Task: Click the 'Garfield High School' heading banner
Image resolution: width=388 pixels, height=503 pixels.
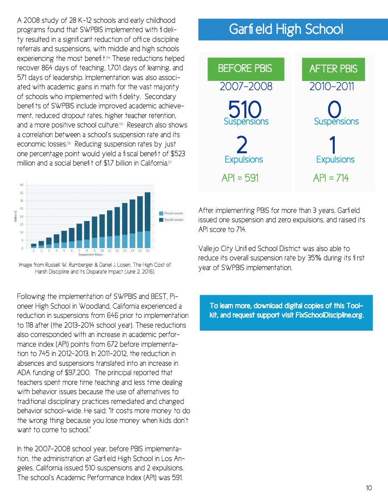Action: pos(286,29)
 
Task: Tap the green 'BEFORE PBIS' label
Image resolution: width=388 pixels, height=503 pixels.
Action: pos(246,69)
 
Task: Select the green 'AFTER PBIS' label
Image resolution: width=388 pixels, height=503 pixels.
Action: pos(333,69)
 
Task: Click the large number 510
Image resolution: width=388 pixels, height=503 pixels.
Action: pos(245,110)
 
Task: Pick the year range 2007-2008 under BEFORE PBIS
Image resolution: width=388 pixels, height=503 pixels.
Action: pos(246,87)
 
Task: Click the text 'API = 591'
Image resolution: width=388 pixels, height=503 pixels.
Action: pos(240,178)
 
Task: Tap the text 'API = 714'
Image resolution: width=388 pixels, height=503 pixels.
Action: pos(331,178)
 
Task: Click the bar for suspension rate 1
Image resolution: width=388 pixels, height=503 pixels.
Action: pos(34,246)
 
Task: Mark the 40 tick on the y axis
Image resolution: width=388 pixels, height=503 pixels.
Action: pos(21,185)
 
